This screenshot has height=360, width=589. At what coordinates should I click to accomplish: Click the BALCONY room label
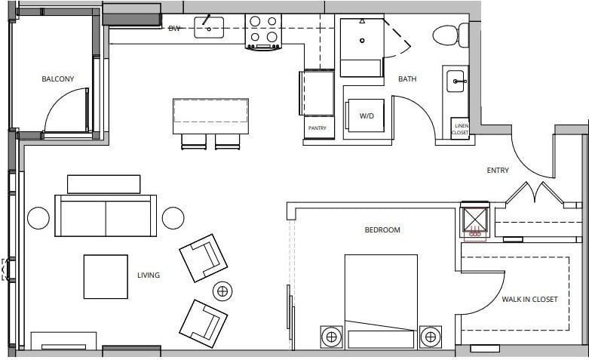point(56,78)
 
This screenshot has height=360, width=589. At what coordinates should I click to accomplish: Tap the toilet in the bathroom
point(449,35)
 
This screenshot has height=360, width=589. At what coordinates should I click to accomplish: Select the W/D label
point(367,116)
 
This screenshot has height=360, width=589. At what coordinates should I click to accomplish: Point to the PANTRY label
point(318,128)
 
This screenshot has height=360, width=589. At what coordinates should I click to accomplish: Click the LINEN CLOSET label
point(459,129)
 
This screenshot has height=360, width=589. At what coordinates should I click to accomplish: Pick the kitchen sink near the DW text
point(209,28)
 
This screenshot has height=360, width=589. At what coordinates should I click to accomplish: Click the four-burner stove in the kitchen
point(263,31)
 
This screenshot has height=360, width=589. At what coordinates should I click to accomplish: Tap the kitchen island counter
point(211,115)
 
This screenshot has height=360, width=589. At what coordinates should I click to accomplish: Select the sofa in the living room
point(106,215)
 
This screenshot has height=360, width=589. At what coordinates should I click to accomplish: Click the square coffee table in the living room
point(106,276)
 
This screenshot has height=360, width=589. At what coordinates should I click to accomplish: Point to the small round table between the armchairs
point(223,291)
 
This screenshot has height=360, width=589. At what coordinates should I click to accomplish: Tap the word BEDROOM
point(382,230)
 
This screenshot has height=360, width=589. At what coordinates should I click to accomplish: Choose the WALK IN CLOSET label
point(529,300)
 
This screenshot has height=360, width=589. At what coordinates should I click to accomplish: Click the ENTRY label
point(498,171)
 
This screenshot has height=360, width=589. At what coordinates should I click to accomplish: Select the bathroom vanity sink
point(456,81)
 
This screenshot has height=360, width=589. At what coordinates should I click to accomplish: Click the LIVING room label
point(149,275)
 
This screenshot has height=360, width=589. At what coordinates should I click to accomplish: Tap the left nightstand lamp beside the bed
point(330,337)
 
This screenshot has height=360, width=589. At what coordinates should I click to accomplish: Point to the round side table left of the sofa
point(38,218)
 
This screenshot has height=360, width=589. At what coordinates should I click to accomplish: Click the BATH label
point(407,79)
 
